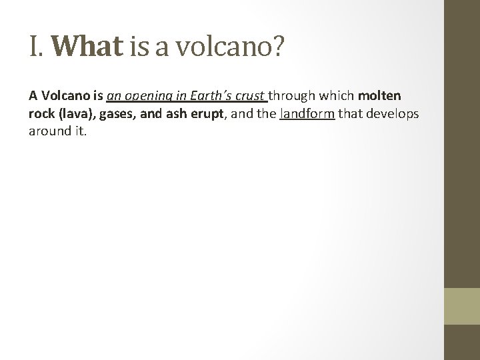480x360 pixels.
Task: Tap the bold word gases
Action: pos(119,113)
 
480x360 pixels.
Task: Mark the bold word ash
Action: pos(172,113)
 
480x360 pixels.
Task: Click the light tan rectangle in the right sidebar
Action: pos(462,305)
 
